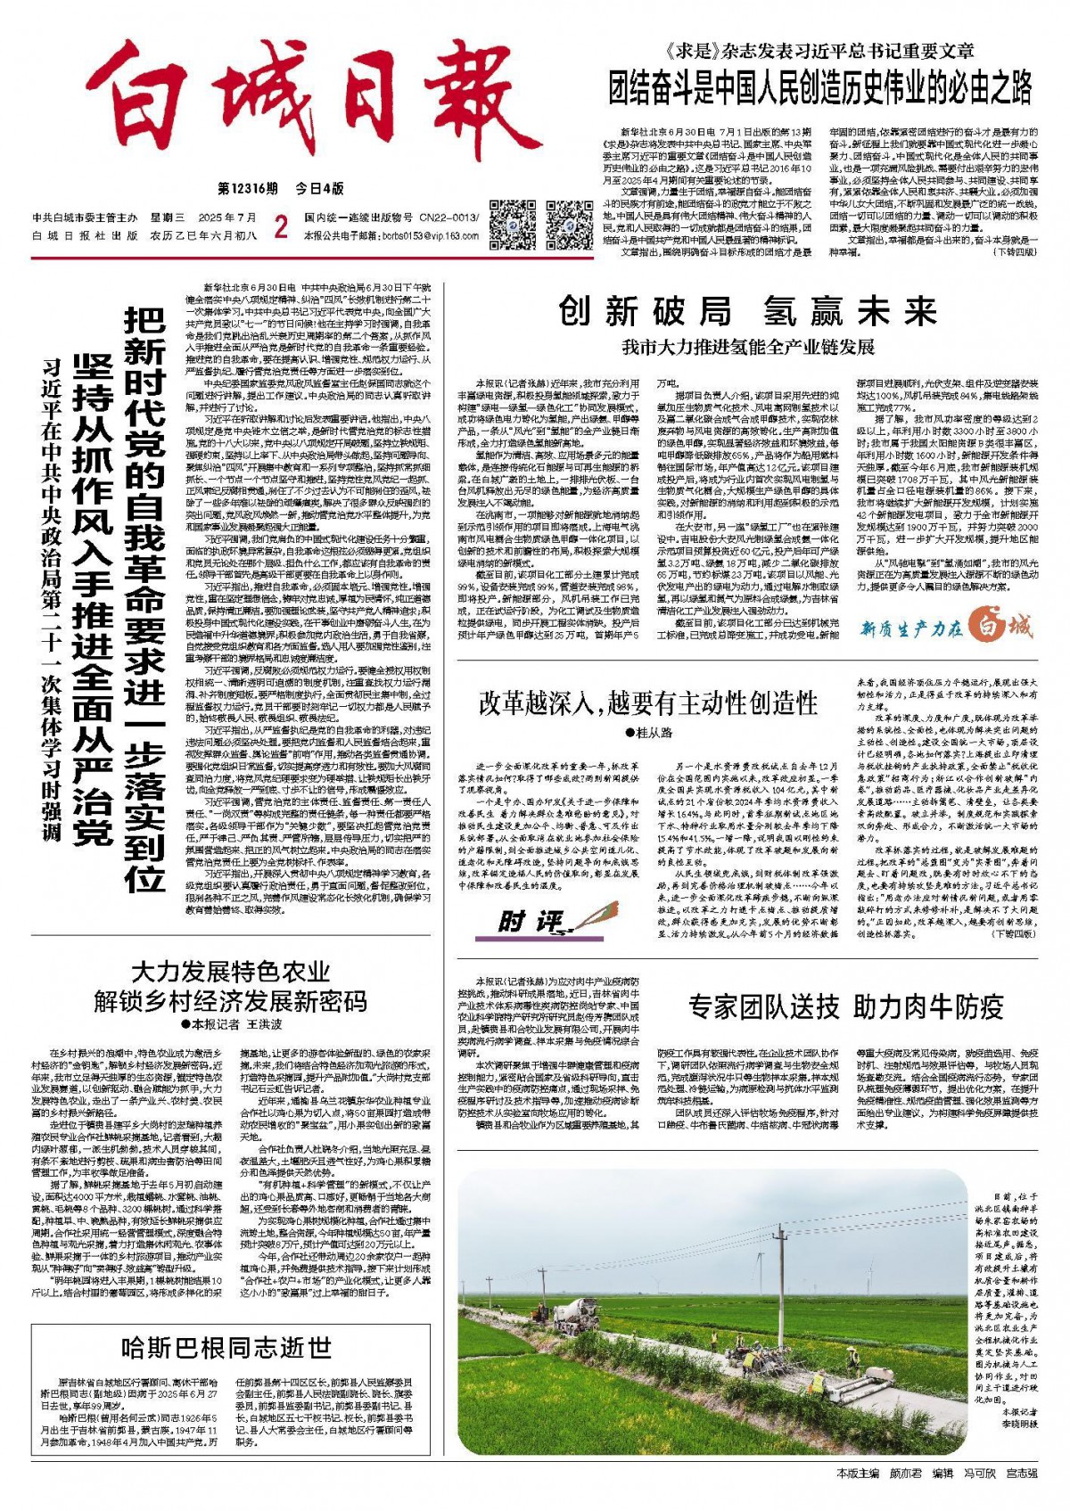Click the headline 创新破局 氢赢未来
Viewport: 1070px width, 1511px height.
pos(747,312)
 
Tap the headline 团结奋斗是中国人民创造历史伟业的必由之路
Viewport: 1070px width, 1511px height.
pos(820,88)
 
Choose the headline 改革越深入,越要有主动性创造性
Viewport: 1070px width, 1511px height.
pos(648,702)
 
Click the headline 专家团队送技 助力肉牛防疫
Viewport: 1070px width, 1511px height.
pos(845,1007)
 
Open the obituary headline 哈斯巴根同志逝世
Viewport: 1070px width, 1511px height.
pos(226,1347)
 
